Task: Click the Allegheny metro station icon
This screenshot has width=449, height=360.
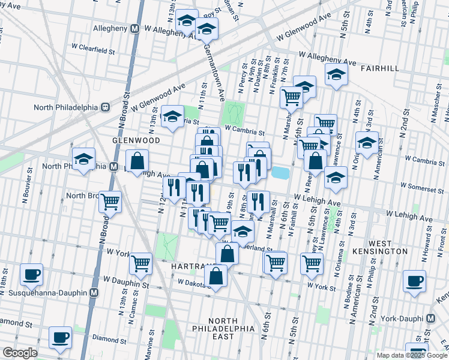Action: coord(135,28)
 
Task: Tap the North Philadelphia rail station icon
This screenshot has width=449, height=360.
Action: coord(105,107)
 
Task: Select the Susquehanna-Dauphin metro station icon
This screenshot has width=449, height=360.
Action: coord(94,293)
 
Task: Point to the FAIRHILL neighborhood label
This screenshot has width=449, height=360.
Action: coord(380,68)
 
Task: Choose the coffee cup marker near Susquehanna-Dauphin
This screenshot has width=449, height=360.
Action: coord(31,275)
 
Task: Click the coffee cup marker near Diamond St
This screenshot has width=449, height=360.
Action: coord(60,338)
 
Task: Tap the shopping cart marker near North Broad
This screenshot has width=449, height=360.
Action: coord(110,202)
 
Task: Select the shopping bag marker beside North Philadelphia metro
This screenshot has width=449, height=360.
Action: coord(137,161)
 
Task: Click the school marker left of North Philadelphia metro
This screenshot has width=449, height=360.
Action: coord(83,160)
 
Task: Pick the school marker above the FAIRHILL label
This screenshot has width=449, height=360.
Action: coord(337,75)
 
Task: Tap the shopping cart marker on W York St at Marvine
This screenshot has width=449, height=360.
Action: coord(140,262)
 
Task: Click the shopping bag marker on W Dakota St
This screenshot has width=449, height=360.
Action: coord(215,276)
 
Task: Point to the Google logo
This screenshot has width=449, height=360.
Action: coord(20,353)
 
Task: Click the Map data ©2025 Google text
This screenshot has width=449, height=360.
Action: coord(412,355)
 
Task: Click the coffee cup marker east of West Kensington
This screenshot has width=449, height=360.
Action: coord(414,281)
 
